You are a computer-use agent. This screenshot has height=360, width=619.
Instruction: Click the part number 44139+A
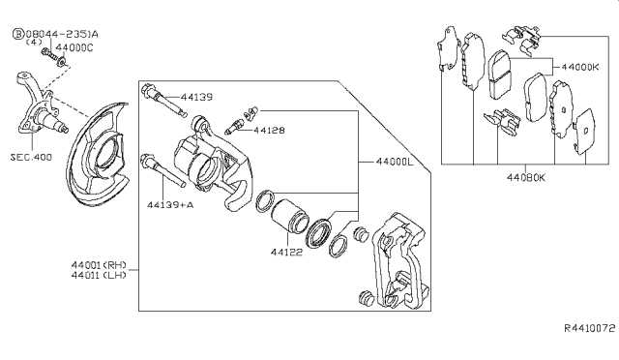170,205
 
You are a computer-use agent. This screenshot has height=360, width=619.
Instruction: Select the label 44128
269,130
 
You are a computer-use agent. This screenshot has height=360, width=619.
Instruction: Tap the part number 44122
286,253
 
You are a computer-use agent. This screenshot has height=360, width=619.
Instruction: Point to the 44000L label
395,162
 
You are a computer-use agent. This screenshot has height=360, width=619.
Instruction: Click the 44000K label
580,67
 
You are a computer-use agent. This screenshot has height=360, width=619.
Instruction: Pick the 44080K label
526,178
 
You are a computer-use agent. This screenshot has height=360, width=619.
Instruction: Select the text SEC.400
31,158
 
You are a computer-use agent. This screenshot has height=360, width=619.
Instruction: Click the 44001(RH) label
99,265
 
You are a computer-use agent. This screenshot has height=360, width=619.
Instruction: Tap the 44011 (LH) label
99,275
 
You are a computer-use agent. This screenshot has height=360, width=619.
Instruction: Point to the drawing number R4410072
590,328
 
